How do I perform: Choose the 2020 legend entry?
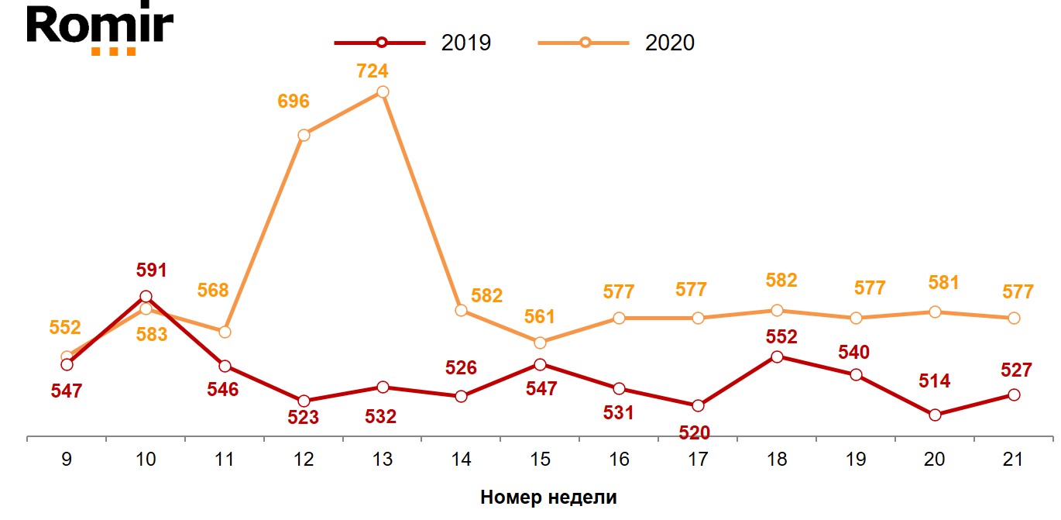pyautogui.click(x=616, y=43)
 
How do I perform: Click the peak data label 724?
pyautogui.click(x=372, y=71)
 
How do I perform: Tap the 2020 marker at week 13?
pyautogui.click(x=382, y=91)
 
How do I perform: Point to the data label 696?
pyautogui.click(x=294, y=101)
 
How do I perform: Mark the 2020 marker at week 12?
pyautogui.click(x=304, y=135)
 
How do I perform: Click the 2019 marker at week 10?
pyautogui.click(x=146, y=296)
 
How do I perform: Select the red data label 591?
pyautogui.click(x=151, y=270)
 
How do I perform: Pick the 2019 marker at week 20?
pyautogui.click(x=935, y=415)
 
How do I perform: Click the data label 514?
pyautogui.click(x=934, y=381)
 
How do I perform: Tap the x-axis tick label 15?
pyautogui.click(x=540, y=460)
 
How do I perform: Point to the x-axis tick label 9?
pyautogui.click(x=67, y=460)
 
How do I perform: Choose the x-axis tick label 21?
pyautogui.click(x=1013, y=460)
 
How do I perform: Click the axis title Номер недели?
pyautogui.click(x=548, y=497)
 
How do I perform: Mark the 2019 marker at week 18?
pyautogui.click(x=777, y=356)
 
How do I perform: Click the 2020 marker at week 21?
pyautogui.click(x=1013, y=318)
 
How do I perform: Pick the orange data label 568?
pyautogui.click(x=213, y=291)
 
